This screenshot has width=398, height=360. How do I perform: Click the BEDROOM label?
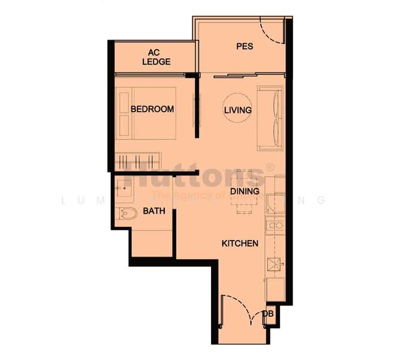pyautogui.click(x=152, y=109)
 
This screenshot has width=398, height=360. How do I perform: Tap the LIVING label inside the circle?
pyautogui.click(x=237, y=110)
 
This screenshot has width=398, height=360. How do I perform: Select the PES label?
pyautogui.click(x=243, y=46)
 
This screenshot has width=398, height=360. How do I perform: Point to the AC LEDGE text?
pyautogui.click(x=156, y=57)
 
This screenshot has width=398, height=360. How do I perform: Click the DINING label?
pyautogui.click(x=245, y=191)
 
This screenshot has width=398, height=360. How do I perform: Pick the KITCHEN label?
pyautogui.click(x=240, y=244)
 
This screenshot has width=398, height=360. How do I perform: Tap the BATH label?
pyautogui.click(x=154, y=211)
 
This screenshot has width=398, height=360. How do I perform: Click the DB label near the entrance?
pyautogui.click(x=269, y=314)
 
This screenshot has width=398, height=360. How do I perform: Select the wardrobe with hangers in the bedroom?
pyautogui.click(x=138, y=162)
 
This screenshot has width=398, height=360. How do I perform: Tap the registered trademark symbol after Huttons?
pyautogui.click(x=270, y=168)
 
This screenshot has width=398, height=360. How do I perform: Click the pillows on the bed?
pyautogui.click(x=125, y=111)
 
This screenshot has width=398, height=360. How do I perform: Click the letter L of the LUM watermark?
pyautogui.click(x=64, y=200)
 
